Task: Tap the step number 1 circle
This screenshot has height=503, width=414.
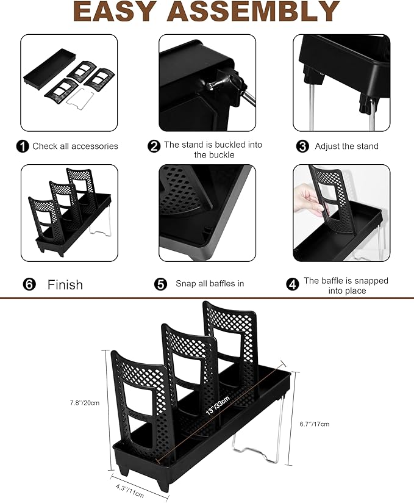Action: pos(23,147)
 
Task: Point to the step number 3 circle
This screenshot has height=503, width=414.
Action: pos(302,147)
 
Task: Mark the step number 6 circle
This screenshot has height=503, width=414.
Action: pos(29,284)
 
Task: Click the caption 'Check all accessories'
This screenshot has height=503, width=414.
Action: pos(75,147)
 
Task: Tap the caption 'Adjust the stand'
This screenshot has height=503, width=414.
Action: pos(346,147)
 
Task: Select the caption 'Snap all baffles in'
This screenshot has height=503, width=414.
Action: pos(209,284)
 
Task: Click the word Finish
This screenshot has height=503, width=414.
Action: pos(65,284)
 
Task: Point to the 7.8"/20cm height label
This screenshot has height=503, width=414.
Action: pos(85,403)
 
